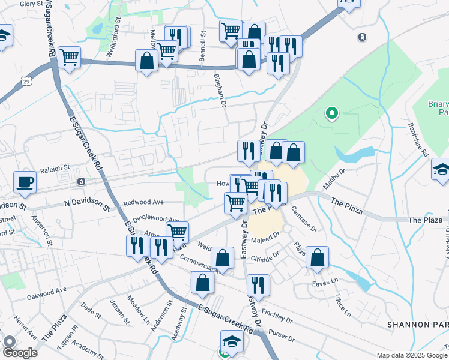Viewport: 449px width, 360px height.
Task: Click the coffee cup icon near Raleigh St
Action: (x=25, y=182)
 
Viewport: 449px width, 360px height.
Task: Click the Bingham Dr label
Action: (x=220, y=90)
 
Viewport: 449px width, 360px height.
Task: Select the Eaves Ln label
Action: (x=325, y=280)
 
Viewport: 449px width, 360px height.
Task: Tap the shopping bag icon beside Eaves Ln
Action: (x=318, y=257)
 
